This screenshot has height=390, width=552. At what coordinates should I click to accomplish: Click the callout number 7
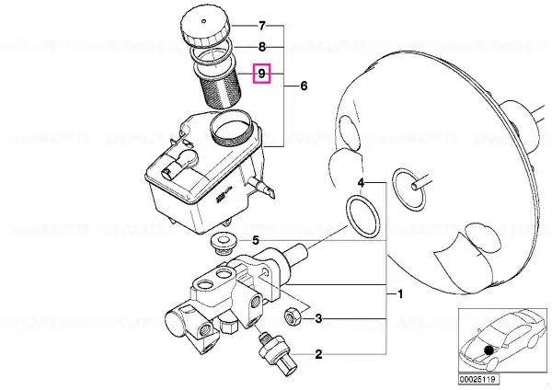pos(262,26)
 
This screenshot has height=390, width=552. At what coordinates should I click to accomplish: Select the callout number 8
pos(262,47)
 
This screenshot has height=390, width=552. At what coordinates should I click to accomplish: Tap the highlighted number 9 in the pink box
pos(261,74)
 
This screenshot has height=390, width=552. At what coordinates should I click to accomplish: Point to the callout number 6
pos(304,86)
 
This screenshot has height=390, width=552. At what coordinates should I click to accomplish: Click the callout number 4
pos(361,182)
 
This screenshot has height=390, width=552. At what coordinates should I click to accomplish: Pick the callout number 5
pos(256,241)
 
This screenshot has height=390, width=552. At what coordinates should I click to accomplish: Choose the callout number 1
pos(400,293)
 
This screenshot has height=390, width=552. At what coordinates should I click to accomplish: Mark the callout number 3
pos(318,319)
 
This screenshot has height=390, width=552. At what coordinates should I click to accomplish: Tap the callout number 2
pos(318,354)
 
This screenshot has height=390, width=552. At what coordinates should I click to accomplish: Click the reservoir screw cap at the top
pos(205,29)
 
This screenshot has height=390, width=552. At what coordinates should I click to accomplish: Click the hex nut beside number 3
pos(293,315)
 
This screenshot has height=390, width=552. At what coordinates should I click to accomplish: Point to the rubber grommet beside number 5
pos(224,246)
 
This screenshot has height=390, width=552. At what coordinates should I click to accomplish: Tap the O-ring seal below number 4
pos(363,217)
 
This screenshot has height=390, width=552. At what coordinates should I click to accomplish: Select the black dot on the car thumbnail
pos(488,350)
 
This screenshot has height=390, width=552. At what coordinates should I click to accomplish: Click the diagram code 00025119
pos(478,379)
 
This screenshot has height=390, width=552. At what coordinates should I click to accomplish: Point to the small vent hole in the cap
pos(203,21)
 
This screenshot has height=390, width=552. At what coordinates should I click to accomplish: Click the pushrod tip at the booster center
pos(415,185)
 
